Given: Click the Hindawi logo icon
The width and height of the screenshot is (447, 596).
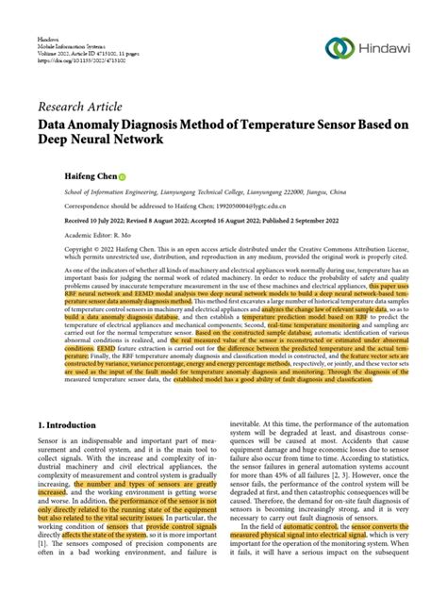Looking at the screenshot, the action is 341,49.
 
